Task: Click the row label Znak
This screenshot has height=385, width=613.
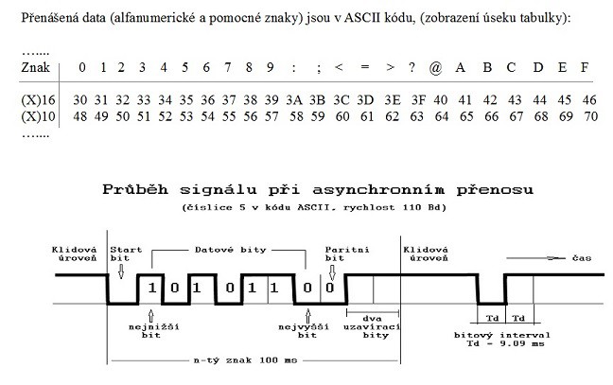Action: coord(35,67)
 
